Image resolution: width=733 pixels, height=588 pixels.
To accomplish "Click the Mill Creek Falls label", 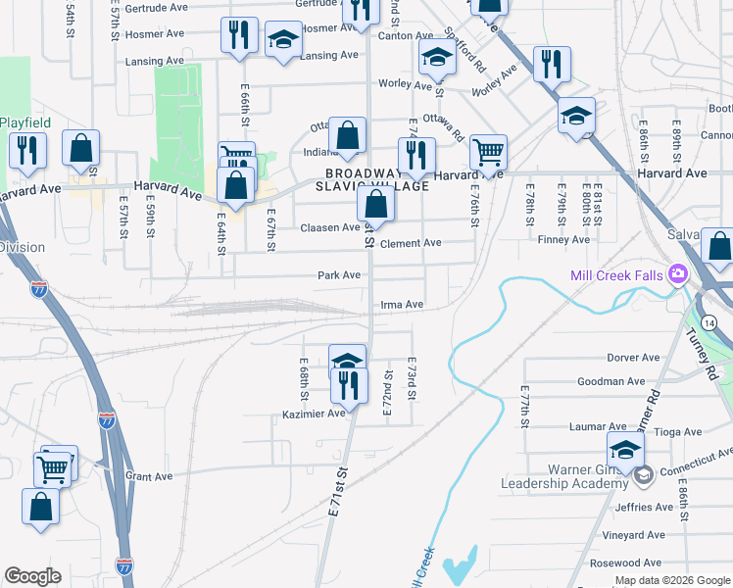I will point(616,275).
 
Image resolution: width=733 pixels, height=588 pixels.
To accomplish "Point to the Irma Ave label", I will point(401,305).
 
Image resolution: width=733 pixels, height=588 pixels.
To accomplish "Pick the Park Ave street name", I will point(339,275).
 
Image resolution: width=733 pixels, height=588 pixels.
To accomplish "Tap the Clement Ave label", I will point(411,243).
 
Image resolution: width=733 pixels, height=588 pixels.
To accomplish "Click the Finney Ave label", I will point(567,239).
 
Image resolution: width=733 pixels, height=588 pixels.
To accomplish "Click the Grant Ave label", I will point(149,477).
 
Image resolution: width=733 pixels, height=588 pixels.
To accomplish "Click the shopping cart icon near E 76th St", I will point(488,152).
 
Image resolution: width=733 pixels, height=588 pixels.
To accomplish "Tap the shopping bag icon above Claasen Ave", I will point(375,204).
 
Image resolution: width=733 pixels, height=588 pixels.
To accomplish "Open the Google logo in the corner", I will point(33,576).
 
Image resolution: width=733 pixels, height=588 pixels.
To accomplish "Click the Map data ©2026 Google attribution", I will point(671,580).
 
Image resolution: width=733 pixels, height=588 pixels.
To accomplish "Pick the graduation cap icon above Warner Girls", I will point(625,450).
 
